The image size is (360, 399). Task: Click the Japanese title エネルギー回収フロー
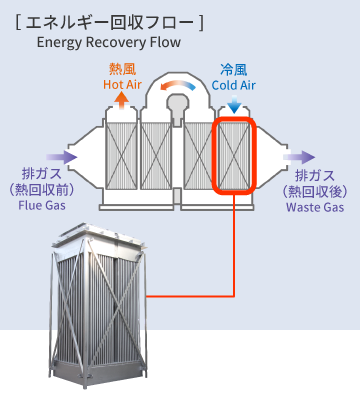[x=109, y=23]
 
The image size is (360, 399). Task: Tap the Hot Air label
[x=122, y=85]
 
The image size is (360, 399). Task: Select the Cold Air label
[x=234, y=85]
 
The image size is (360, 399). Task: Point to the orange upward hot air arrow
[x=122, y=100]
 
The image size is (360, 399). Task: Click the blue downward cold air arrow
[x=234, y=104]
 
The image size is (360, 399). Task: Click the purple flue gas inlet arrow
[x=62, y=157]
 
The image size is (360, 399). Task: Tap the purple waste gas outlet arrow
[x=299, y=157]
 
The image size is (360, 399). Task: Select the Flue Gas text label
[x=42, y=205]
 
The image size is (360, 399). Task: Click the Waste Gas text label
[x=315, y=207]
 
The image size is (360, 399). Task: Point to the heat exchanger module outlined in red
[x=234, y=155]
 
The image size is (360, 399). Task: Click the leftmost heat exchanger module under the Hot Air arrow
[x=122, y=155]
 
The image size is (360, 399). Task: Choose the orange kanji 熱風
[x=122, y=69]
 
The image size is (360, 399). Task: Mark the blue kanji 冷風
[x=234, y=70]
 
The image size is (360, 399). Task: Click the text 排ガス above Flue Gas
[x=42, y=174]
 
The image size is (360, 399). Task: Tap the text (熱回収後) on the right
[x=315, y=192]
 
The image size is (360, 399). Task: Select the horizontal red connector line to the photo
[x=190, y=296]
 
